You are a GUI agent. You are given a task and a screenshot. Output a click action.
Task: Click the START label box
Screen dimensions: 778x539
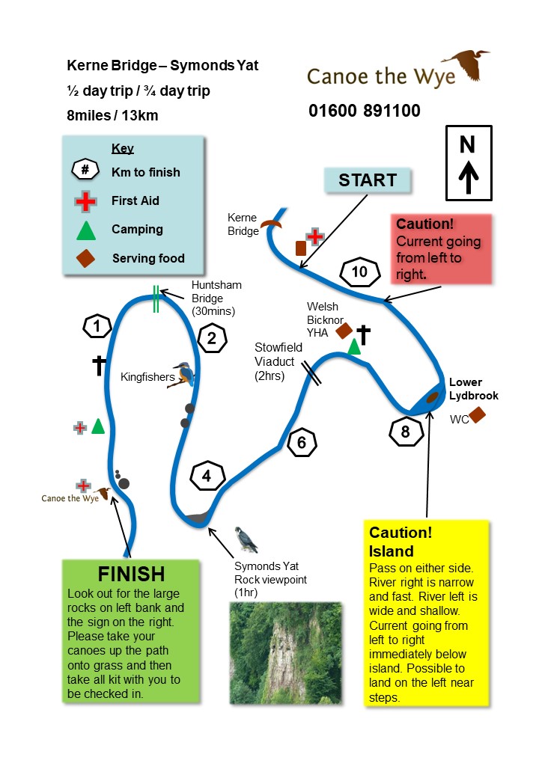367,180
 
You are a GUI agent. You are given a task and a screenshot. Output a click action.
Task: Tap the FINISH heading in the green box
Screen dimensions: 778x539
131,574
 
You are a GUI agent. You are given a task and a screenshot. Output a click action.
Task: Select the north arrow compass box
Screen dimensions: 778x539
468,163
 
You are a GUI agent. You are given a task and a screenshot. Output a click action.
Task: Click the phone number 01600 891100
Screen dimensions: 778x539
365,111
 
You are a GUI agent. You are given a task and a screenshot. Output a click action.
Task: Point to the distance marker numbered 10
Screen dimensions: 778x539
360,272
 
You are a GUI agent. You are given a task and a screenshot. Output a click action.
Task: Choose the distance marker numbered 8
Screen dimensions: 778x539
406,432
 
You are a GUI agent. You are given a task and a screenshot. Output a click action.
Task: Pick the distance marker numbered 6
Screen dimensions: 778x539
302,443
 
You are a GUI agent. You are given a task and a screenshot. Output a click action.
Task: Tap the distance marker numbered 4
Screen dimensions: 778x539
207,476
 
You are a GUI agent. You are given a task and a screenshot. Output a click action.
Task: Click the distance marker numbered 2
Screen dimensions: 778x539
212,339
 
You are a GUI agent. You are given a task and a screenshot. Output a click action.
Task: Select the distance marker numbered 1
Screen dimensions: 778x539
98,326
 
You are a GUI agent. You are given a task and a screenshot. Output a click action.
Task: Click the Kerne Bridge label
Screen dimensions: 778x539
242,224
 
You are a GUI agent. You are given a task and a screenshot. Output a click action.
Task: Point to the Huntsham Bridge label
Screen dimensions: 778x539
216,298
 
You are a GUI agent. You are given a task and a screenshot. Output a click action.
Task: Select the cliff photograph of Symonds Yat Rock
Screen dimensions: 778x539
285,652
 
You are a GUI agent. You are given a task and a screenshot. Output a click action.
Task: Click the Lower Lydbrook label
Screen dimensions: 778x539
473,389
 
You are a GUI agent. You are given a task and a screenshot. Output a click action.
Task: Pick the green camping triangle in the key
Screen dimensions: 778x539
86,230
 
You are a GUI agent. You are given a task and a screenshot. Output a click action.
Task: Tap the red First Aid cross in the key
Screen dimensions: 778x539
86,200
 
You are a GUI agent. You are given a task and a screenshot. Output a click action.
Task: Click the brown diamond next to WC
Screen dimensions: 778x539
477,414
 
